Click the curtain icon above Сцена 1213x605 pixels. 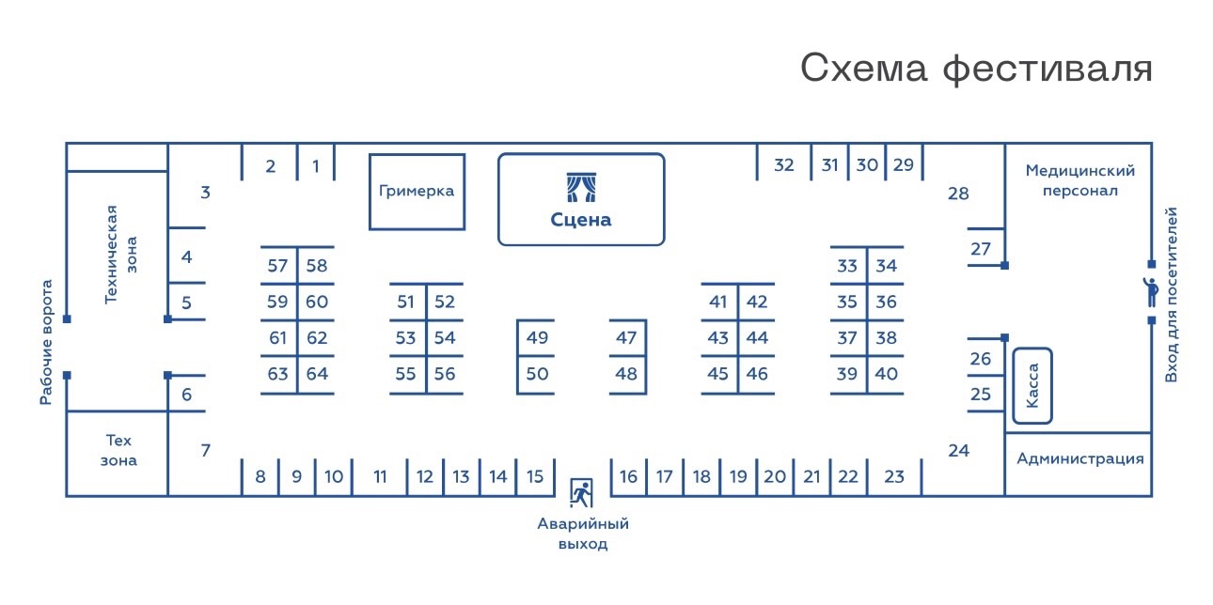[x=580, y=187]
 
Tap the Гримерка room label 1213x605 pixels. [x=417, y=191]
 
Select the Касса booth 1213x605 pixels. [x=1032, y=386]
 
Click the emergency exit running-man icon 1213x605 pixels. [x=581, y=491]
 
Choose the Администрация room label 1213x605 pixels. [x=1080, y=458]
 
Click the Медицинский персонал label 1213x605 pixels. [x=1080, y=180]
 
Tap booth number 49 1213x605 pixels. [x=537, y=338]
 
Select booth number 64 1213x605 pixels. [x=317, y=374]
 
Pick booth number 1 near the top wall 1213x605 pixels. [x=316, y=166]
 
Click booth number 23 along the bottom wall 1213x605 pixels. [x=894, y=476]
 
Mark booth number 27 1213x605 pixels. [x=981, y=249]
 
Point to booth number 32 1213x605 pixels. [x=783, y=165]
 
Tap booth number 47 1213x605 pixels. [x=626, y=338]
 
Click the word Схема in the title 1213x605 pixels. [x=861, y=69]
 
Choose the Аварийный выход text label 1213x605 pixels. [x=583, y=534]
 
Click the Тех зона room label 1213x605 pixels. [x=119, y=450]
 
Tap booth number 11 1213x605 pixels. [x=380, y=476]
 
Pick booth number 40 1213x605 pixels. [x=886, y=374]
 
